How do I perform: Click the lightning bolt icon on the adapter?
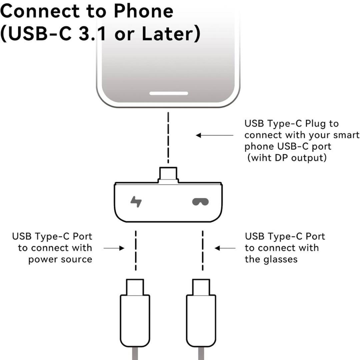[136, 202]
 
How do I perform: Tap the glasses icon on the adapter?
[200, 202]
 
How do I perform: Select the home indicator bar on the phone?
[168, 93]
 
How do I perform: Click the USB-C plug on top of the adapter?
[168, 174]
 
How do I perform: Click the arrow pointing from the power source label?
[114, 248]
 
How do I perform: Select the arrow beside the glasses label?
[225, 248]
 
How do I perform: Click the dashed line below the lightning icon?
[135, 250]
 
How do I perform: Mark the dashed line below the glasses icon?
[202, 250]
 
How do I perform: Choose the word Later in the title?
[170, 34]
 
